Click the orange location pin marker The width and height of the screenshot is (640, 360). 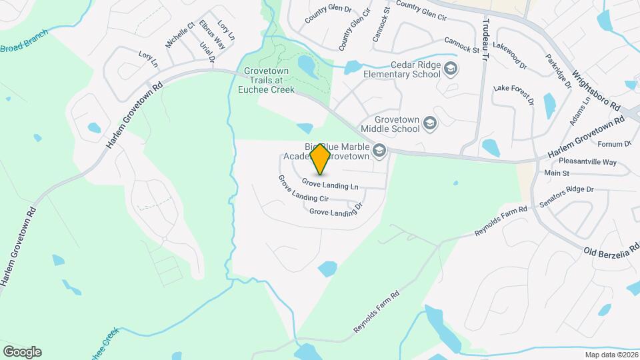pos(320,158)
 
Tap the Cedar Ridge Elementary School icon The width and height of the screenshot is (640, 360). pos(451,69)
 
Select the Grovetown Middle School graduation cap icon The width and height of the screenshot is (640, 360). pos(430,123)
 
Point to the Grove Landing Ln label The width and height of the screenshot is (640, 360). pos(330,183)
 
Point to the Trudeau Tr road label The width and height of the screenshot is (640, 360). pos(485,39)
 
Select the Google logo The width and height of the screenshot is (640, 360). pos(22,351)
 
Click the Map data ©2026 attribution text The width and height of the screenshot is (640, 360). pos(610,354)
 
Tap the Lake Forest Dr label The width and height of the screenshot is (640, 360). pos(514,95)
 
